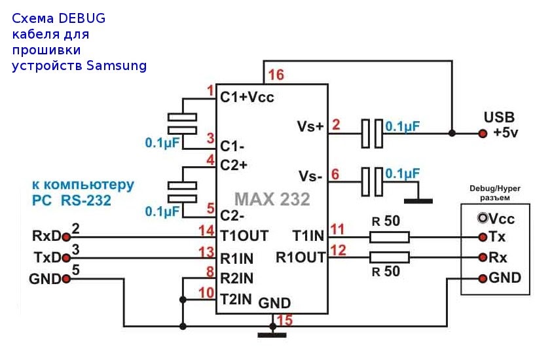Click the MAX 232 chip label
272,198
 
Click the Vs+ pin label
311,126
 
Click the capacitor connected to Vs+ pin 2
371,133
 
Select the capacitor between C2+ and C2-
182,190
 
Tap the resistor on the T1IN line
390,236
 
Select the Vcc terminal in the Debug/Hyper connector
483,218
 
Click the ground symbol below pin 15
272,334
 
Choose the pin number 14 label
207,230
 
